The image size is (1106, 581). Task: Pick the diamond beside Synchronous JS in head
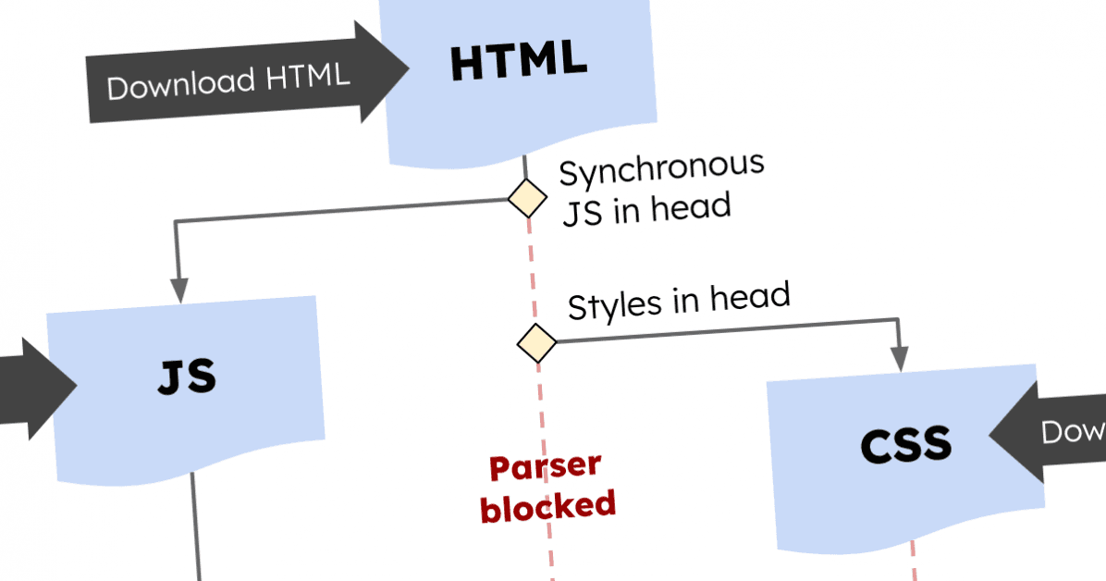click(527, 198)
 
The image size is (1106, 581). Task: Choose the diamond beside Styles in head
click(536, 343)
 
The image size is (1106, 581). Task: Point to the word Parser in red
click(544, 466)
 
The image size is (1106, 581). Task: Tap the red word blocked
click(547, 505)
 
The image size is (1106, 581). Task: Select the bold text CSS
click(905, 445)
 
